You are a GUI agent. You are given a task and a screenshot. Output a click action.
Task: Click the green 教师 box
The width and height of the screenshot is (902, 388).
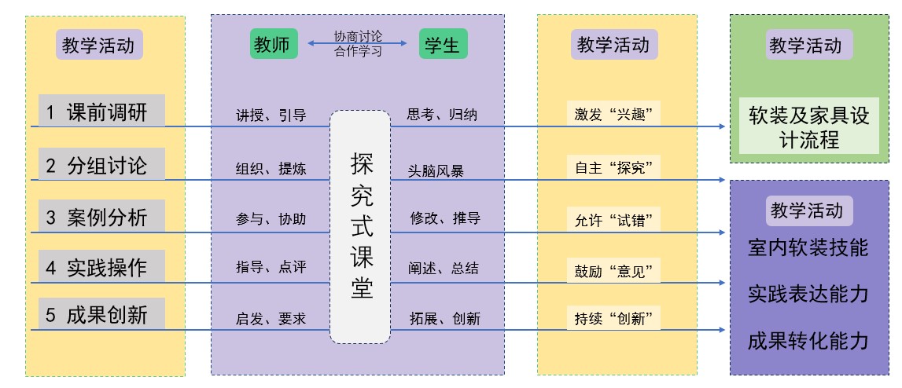274,44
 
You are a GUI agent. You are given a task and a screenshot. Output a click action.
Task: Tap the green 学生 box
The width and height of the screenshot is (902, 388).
443,44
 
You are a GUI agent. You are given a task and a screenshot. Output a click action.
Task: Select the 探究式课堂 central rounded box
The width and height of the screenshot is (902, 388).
361,226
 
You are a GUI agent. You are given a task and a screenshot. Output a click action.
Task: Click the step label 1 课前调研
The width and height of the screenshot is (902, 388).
101,111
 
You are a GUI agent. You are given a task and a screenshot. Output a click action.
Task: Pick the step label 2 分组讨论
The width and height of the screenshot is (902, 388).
101,164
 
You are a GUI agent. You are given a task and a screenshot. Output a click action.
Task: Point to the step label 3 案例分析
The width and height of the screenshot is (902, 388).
101,217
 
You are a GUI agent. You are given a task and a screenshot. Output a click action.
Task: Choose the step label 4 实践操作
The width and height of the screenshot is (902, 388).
101,267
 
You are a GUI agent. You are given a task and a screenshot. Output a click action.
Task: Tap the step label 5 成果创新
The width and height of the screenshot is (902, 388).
101,314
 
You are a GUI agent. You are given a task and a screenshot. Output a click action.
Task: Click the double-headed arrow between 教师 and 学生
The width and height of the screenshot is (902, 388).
357,43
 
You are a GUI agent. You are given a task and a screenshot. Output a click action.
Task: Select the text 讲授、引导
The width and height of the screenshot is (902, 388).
271,115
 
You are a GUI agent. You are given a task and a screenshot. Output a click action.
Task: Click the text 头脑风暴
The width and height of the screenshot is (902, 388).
436,170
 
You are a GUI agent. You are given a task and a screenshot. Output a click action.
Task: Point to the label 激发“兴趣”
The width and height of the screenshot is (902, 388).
613,115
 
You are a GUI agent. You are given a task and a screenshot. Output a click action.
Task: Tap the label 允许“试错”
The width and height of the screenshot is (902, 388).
613,220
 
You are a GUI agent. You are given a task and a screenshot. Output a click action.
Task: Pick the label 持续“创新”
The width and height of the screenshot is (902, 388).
613,318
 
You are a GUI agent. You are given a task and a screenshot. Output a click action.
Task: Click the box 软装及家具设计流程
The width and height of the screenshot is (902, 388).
808,126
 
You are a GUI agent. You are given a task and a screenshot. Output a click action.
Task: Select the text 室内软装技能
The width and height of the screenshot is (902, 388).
808,247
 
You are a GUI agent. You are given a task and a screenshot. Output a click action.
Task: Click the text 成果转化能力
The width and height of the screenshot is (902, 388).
808,341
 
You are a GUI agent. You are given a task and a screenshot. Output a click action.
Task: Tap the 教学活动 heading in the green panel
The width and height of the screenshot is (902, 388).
808,45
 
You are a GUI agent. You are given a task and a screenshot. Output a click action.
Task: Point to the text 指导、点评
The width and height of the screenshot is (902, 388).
271,267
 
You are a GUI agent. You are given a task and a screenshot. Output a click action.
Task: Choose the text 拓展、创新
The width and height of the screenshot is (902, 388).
445,318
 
